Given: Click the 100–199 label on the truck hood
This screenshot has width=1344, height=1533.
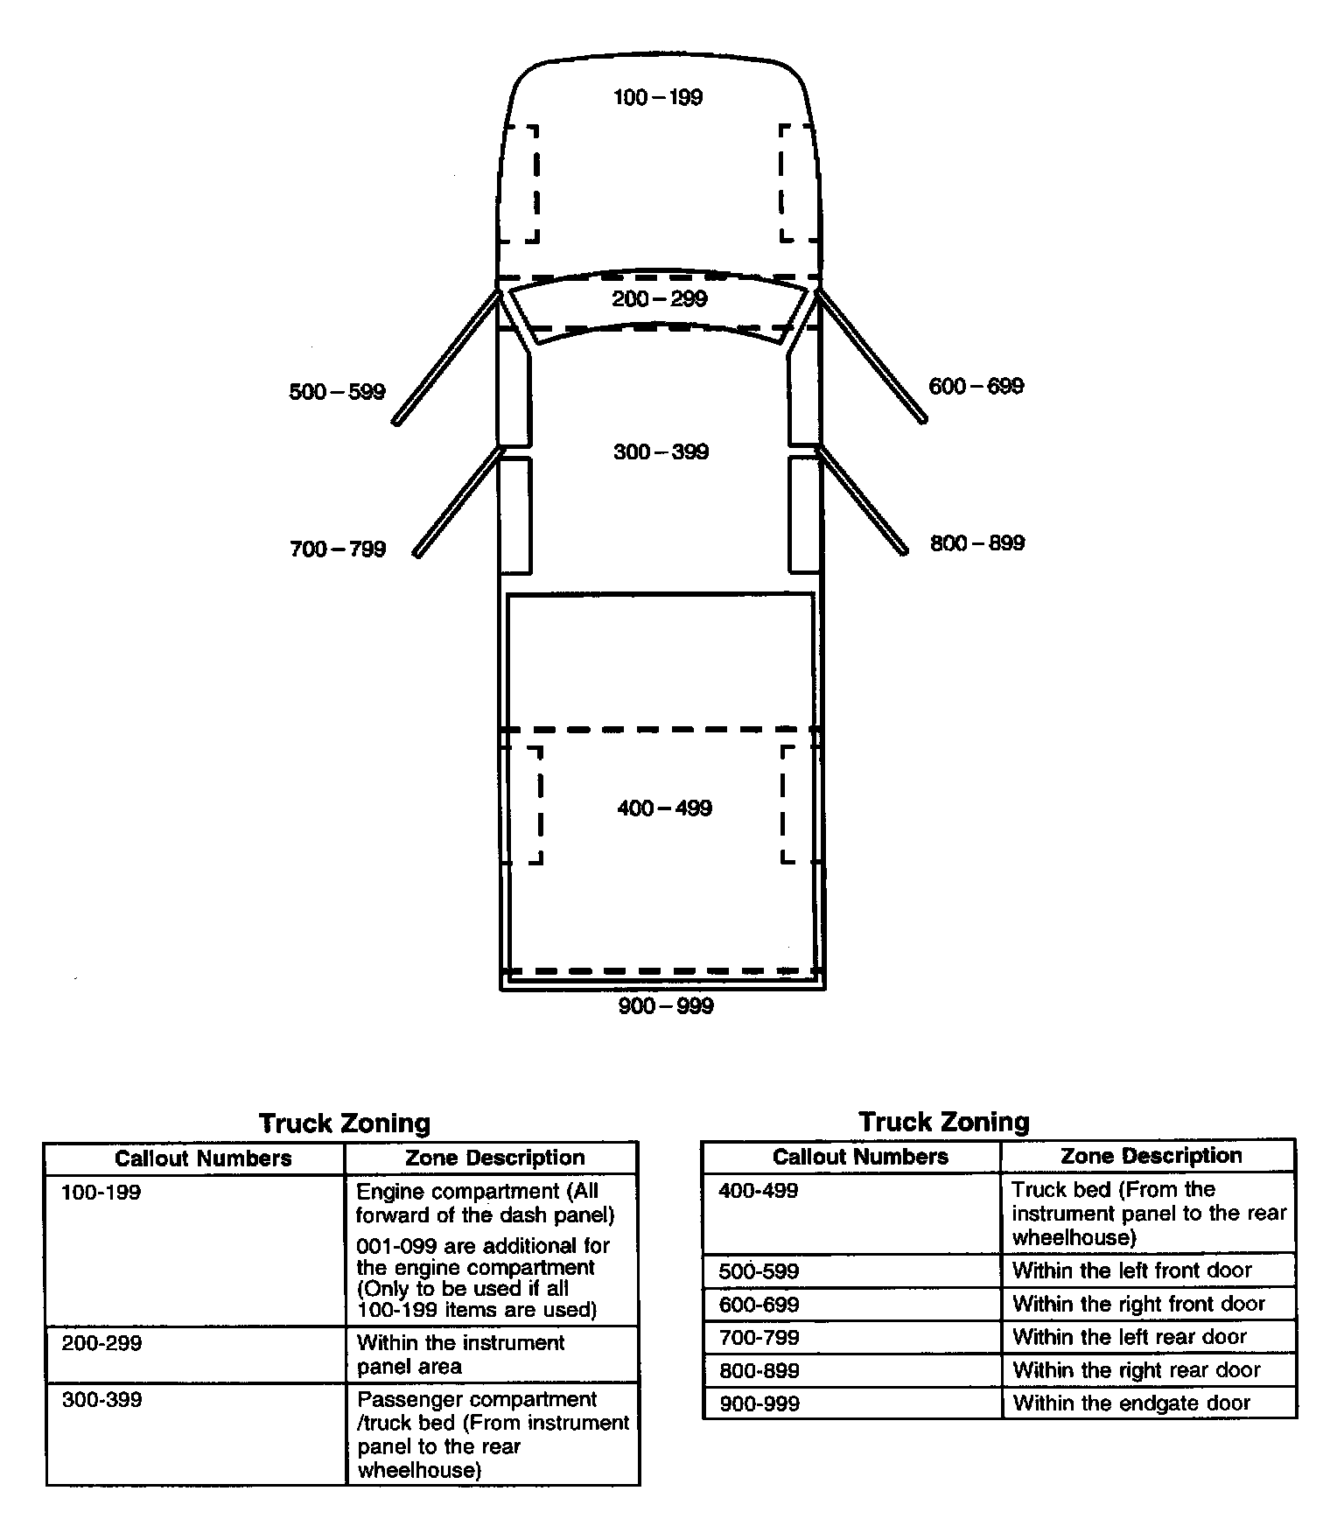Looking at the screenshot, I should [658, 97].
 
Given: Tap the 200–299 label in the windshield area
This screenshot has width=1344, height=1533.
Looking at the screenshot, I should [660, 299].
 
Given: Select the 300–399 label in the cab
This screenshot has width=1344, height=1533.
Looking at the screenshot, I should [661, 452].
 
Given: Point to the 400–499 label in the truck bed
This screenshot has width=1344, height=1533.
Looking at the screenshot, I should [665, 808].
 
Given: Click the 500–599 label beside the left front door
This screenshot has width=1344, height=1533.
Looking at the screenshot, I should [337, 392].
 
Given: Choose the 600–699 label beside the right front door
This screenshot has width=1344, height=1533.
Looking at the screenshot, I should [976, 387].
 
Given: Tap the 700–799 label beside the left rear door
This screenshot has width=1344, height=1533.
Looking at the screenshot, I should [338, 549].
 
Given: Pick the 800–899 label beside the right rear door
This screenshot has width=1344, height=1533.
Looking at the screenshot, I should [977, 543].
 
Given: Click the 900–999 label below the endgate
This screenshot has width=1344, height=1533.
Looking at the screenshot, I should [666, 1006].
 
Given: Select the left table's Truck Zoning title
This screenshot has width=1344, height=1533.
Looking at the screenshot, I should [345, 1123].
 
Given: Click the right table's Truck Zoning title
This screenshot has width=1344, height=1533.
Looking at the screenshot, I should [944, 1122].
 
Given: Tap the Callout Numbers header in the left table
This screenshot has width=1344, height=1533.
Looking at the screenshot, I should [203, 1158].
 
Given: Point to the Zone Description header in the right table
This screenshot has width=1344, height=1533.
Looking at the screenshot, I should [1151, 1156].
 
